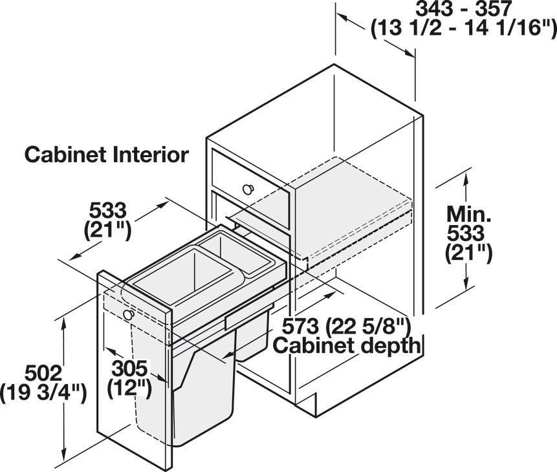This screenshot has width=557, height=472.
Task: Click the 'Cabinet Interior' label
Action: [107, 155]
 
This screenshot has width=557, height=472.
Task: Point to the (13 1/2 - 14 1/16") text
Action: [464, 28]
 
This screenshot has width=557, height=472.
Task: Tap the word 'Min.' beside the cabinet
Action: [469, 214]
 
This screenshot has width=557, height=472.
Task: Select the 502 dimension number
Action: [43, 374]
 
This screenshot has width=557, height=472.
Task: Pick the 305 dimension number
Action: [129, 369]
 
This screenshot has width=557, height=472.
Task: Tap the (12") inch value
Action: [129, 388]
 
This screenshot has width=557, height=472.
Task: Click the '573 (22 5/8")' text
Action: [346, 326]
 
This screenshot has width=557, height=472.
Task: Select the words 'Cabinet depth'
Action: [346, 345]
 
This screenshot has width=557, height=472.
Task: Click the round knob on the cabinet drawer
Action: [248, 189]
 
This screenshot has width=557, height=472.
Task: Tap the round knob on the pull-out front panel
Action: [129, 314]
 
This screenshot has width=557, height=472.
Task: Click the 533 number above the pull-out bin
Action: [107, 210]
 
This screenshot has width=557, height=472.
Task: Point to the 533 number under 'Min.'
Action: [466, 233]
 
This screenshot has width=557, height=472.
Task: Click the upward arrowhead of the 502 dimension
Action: [64, 323]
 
